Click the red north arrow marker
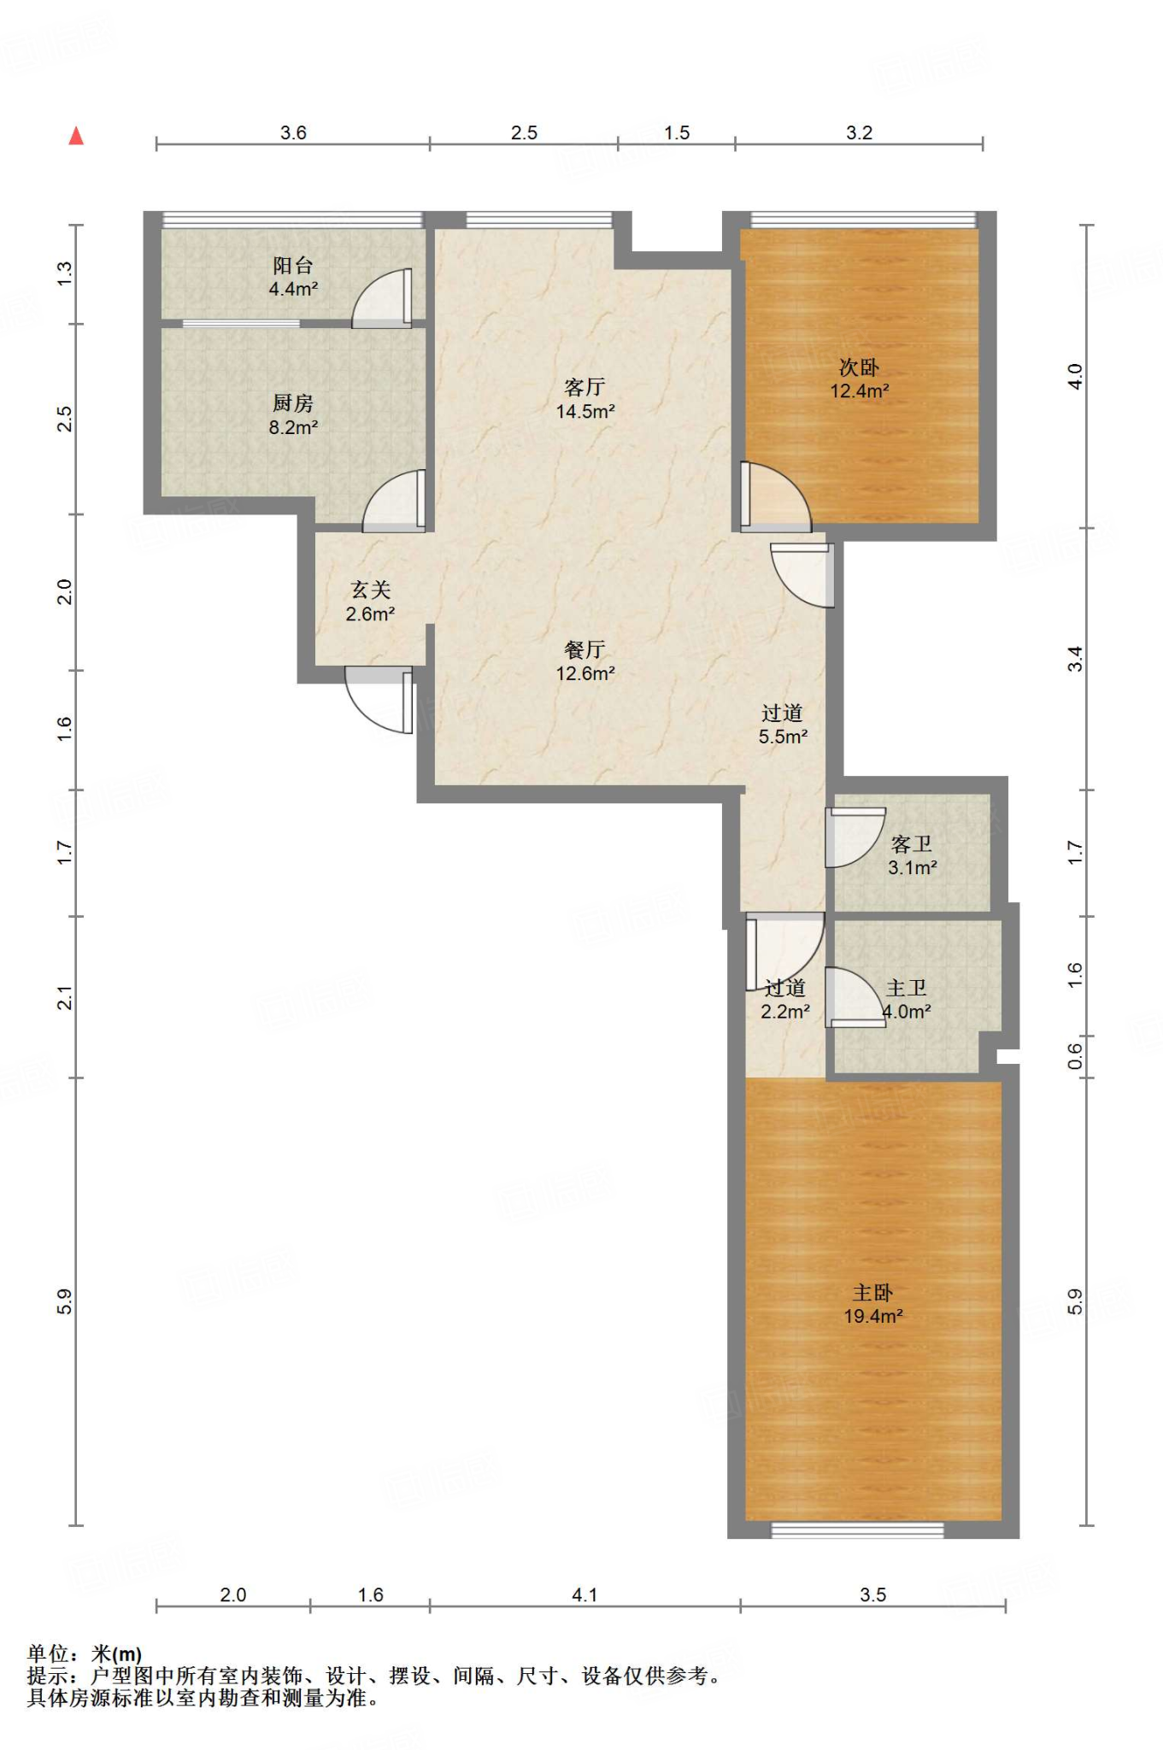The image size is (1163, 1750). tap(76, 136)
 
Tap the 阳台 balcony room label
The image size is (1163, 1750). tap(293, 266)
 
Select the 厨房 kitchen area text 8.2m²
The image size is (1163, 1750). tap(293, 427)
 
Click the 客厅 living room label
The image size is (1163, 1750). tap(585, 387)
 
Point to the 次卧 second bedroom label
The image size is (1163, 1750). tap(859, 367)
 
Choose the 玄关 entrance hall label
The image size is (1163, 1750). tap(370, 590)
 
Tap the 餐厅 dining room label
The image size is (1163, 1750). tap(585, 649)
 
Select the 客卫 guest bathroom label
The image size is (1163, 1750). tap(912, 844)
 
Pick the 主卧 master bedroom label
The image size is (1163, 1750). tap(872, 1293)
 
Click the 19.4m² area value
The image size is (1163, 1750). tap(873, 1317)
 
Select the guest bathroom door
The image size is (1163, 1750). tap(855, 837)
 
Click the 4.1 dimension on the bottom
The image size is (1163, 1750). tap(584, 1594)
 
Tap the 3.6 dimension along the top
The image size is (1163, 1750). tap(293, 132)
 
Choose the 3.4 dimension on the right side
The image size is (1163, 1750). tap(1075, 659)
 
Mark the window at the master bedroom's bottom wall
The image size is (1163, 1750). tap(857, 1530)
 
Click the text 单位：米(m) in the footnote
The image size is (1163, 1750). tap(85, 1654)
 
